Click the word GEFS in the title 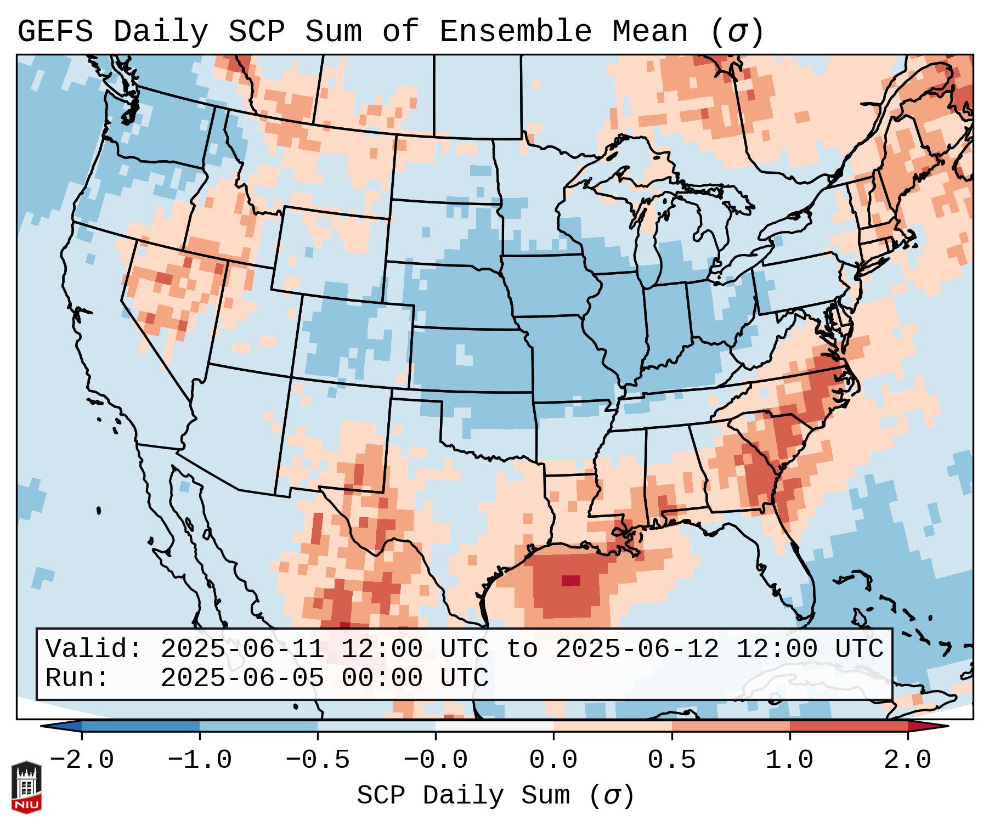(x=55, y=32)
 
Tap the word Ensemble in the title (x=516, y=32)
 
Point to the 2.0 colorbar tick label (x=907, y=760)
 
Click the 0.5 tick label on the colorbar (x=671, y=760)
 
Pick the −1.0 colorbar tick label (x=199, y=760)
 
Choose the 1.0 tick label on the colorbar (x=789, y=760)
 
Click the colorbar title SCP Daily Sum (x=464, y=796)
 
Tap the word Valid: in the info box (x=94, y=649)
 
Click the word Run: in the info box (x=77, y=678)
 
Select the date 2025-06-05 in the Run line (x=242, y=678)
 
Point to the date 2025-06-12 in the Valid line (x=637, y=649)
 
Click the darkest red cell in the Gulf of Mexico (x=570, y=580)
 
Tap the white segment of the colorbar (x=494, y=726)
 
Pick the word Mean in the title (x=650, y=32)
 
